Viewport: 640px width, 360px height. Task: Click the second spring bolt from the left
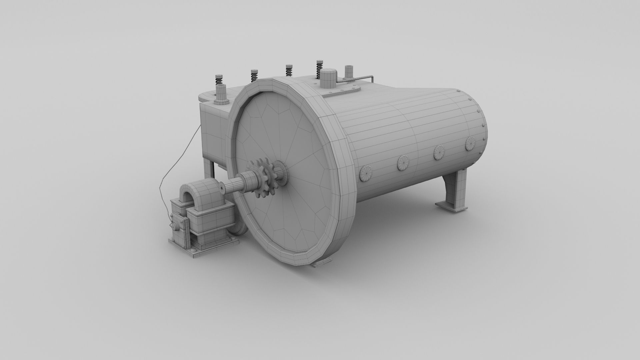[254, 75]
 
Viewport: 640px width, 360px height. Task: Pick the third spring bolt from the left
[289, 70]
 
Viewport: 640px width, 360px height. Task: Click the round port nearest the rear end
[470, 143]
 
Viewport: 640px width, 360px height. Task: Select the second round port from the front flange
[404, 163]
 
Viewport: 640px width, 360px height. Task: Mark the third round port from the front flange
[439, 153]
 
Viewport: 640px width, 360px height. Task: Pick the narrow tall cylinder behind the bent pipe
[348, 73]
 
